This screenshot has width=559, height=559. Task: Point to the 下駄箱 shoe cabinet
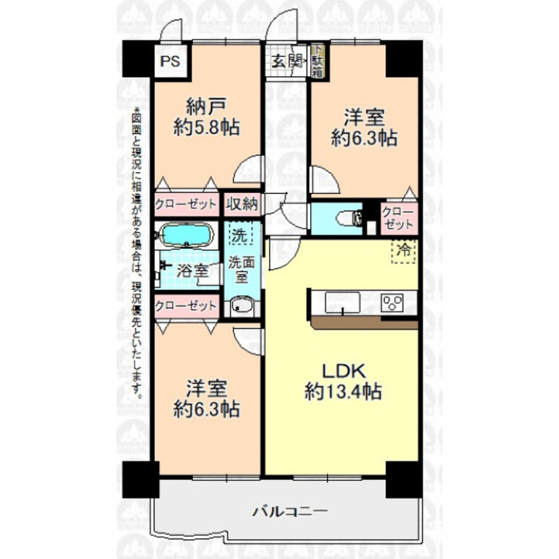(317, 63)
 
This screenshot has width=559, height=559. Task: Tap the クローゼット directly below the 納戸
(186, 203)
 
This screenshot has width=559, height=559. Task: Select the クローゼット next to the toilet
(398, 217)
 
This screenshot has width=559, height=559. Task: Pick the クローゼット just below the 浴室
(186, 306)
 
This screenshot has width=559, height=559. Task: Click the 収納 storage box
(242, 203)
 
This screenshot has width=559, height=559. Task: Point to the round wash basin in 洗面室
(242, 306)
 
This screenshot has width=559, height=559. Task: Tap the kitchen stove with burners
(393, 303)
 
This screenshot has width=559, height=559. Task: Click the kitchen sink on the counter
(342, 303)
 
